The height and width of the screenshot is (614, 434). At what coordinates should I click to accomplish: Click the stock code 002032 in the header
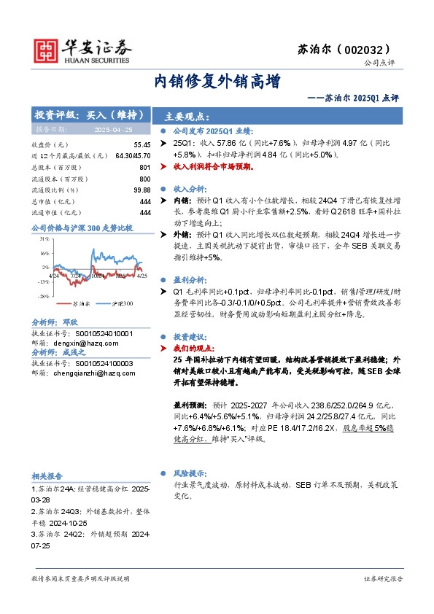[x=379, y=50]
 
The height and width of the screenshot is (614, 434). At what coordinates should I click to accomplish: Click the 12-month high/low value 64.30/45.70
[x=132, y=156]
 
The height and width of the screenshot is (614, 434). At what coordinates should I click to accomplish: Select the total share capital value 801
[x=144, y=167]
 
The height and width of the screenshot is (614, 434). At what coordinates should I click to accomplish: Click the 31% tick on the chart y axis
[x=44, y=238]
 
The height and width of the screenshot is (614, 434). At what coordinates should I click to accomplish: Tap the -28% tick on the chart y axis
[x=44, y=297]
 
